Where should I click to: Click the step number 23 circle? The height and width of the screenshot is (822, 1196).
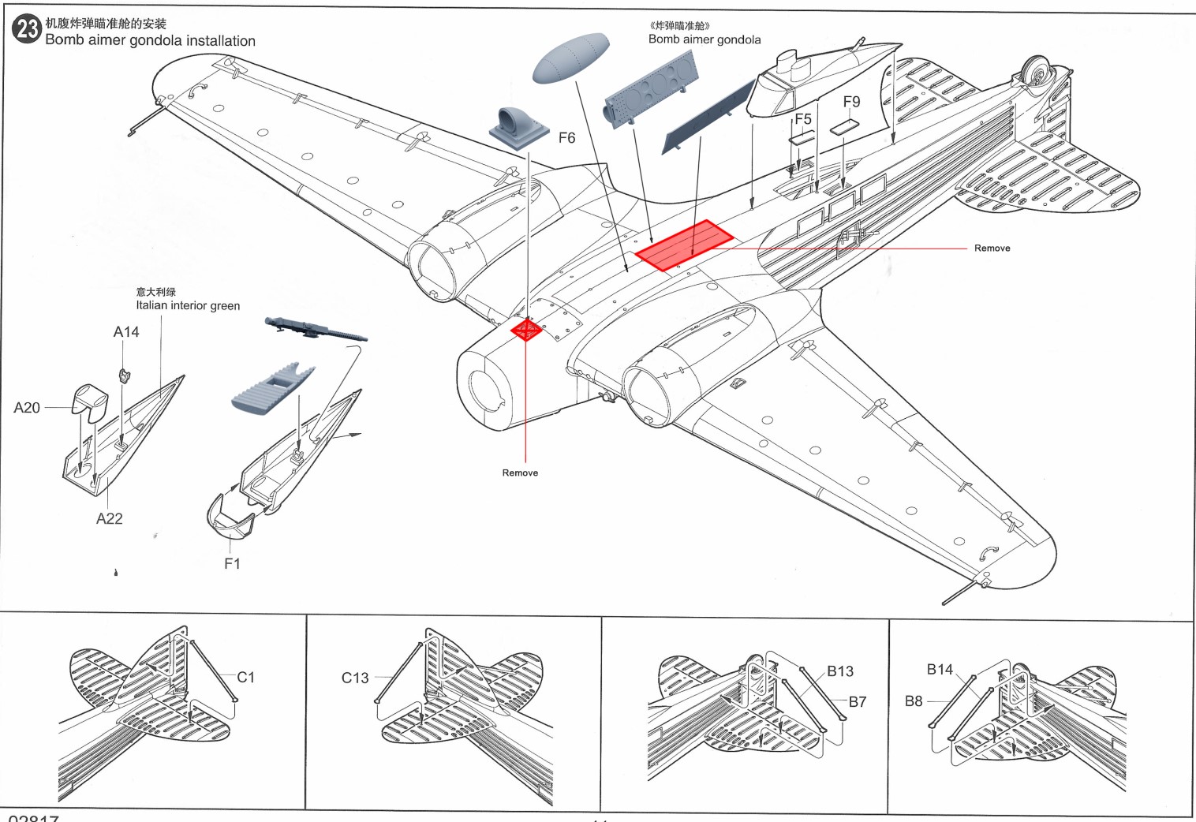pyautogui.click(x=27, y=29)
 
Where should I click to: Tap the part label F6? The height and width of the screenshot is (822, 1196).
pyautogui.click(x=566, y=138)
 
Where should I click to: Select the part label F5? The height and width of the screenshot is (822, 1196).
pyautogui.click(x=802, y=119)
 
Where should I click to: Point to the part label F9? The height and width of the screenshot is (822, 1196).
pyautogui.click(x=851, y=102)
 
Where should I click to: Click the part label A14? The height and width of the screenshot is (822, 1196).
pyautogui.click(x=126, y=332)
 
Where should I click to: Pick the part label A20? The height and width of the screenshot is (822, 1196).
pyautogui.click(x=27, y=408)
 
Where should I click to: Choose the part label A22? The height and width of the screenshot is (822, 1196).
pyautogui.click(x=110, y=518)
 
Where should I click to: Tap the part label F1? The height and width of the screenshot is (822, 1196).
pyautogui.click(x=232, y=563)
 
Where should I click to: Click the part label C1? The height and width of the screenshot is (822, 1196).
pyautogui.click(x=246, y=677)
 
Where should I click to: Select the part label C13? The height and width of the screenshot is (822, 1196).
pyautogui.click(x=355, y=678)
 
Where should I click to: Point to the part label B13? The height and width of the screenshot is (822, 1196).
pyautogui.click(x=840, y=671)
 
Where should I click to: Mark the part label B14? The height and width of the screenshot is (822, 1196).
pyautogui.click(x=940, y=669)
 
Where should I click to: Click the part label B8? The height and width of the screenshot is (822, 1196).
pyautogui.click(x=914, y=701)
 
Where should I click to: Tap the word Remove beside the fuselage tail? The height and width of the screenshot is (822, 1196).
pyautogui.click(x=992, y=248)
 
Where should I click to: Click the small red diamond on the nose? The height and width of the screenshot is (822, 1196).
pyautogui.click(x=526, y=329)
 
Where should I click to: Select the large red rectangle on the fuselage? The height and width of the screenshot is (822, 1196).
pyautogui.click(x=684, y=245)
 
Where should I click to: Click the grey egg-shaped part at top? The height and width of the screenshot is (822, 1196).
pyautogui.click(x=570, y=58)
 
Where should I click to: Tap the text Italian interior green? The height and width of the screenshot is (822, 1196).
pyautogui.click(x=188, y=306)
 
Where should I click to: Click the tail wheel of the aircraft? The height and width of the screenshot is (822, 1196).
pyautogui.click(x=1037, y=72)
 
